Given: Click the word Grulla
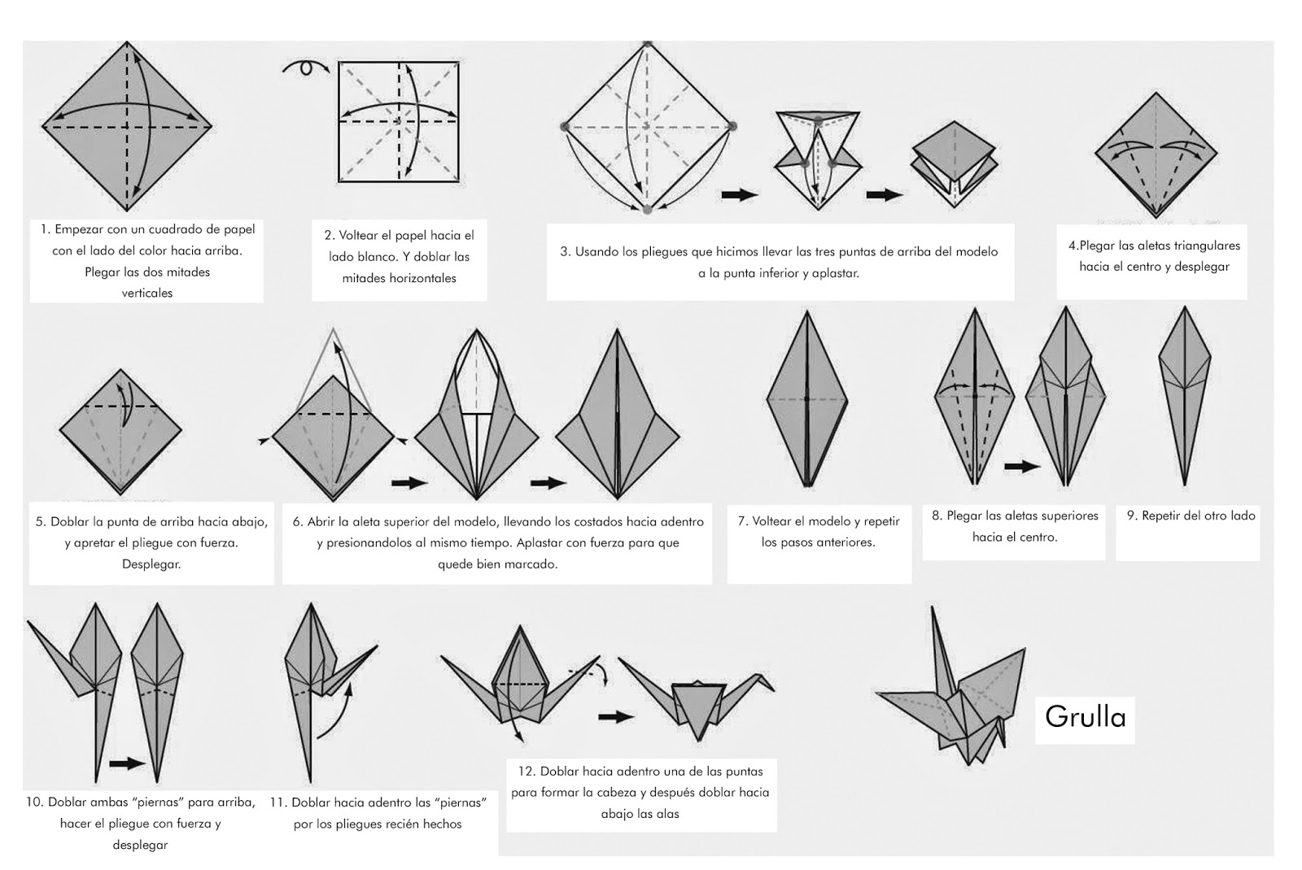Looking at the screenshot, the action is click(x=1086, y=718).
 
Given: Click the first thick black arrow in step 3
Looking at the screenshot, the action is click(x=740, y=194).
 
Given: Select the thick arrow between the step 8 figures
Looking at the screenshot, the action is click(x=1022, y=466).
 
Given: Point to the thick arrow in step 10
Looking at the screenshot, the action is click(x=127, y=763).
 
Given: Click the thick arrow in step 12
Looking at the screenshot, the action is click(x=616, y=716).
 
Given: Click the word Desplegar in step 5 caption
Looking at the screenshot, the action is click(x=151, y=564).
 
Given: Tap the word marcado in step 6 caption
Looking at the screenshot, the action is click(x=533, y=564).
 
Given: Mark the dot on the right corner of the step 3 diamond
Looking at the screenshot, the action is click(x=732, y=126).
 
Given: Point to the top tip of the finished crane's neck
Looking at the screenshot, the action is click(x=933, y=607).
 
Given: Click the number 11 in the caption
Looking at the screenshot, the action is click(x=277, y=803).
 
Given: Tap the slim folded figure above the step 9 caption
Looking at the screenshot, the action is click(x=1185, y=395).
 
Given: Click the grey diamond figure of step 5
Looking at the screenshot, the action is click(x=120, y=432).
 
